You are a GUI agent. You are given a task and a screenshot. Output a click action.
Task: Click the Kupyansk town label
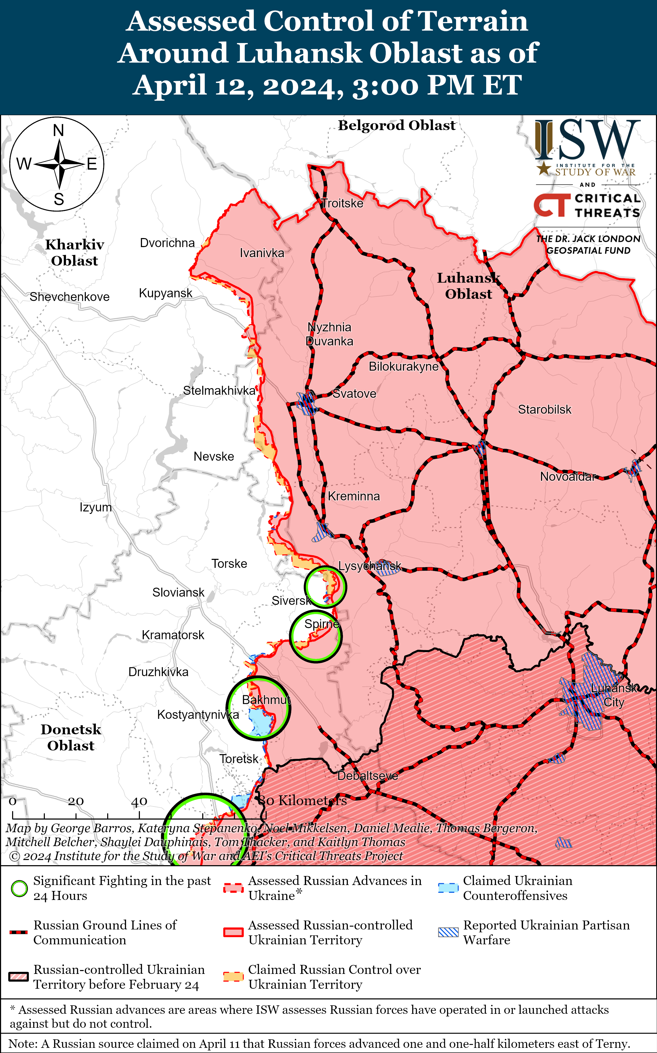coord(166,293)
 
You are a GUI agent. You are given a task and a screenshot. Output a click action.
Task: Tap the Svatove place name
coord(354,394)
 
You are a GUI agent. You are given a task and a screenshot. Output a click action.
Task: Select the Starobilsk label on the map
coord(544,409)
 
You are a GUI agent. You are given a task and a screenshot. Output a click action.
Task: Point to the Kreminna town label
coord(354,496)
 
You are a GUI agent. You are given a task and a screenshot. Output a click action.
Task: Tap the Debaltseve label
coord(368,776)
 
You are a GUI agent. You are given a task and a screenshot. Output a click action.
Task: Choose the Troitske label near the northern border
coord(342,203)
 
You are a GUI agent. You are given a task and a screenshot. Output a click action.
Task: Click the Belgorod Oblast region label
coord(397,125)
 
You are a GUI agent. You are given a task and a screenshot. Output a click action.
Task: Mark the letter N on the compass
coord(58,130)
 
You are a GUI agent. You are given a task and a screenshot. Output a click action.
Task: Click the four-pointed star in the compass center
coord(59,164)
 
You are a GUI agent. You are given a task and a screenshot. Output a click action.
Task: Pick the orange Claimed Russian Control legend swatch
coord(233,977)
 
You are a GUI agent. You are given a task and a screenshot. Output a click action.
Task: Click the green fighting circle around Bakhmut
coord(258,708)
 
